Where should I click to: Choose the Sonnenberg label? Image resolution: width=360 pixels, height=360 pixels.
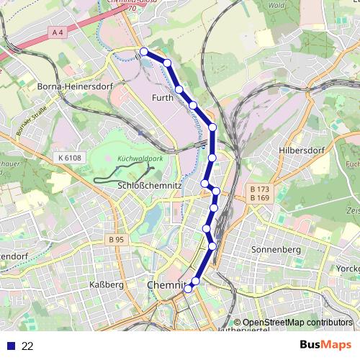276,249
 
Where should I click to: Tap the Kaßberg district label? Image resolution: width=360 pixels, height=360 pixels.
106,286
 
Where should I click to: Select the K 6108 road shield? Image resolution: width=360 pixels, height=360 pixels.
68,157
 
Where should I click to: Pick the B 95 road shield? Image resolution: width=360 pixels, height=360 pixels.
117,239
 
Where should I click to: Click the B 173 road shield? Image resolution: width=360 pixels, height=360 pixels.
259,189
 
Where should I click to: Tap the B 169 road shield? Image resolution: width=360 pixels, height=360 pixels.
259,197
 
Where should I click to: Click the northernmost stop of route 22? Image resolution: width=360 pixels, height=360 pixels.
144,51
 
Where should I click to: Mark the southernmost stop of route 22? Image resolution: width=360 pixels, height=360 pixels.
189,289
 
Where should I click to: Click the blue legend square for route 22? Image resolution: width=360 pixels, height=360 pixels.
9,346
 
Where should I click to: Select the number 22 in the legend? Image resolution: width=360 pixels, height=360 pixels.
28,346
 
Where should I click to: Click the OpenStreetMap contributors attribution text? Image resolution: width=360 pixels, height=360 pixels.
297,323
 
